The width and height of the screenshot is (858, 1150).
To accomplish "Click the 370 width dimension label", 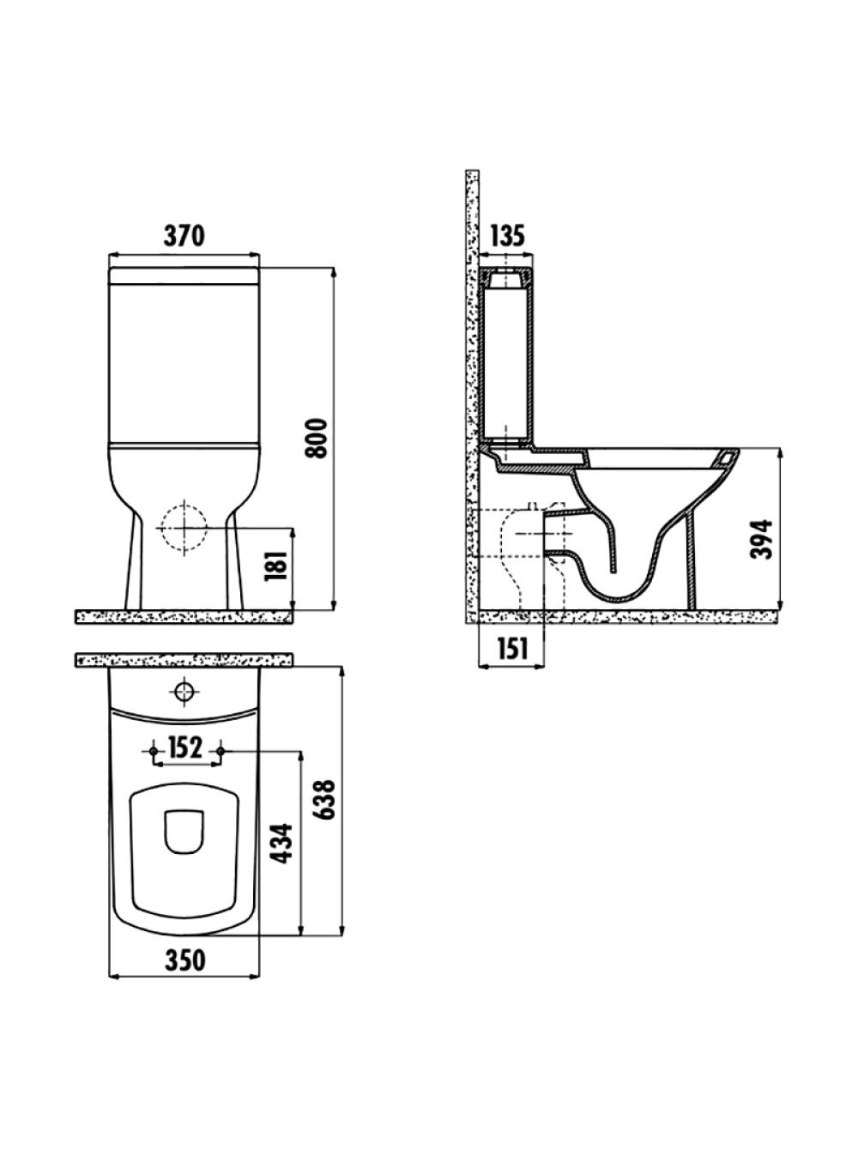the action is point(184,236).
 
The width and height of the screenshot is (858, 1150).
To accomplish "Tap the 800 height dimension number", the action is point(317,438).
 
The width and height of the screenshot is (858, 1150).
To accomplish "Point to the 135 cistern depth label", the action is point(505,236).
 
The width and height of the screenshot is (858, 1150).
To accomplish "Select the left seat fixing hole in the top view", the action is point(154,752).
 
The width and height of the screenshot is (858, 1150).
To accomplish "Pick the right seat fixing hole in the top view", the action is point(221,752).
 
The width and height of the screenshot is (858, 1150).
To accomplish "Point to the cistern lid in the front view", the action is point(184,276).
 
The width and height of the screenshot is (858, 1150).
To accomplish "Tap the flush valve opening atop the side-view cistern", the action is point(506,279).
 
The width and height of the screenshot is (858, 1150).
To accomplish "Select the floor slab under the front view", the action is point(184,617).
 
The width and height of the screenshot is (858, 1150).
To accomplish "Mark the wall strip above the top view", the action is point(184,660).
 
